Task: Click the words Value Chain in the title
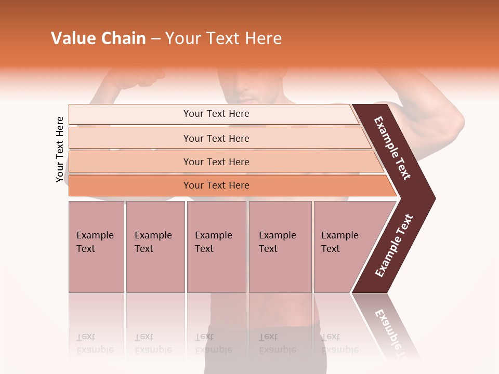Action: [x=98, y=38]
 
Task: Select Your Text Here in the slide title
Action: [x=224, y=38]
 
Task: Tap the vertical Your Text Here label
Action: [x=60, y=150]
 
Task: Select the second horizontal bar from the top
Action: [x=216, y=138]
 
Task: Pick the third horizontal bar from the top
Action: [x=216, y=162]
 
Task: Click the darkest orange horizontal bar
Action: [x=216, y=185]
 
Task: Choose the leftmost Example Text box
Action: [x=96, y=247]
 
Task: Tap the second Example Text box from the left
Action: [x=155, y=247]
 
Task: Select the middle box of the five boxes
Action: [x=216, y=247]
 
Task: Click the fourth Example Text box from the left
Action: [x=280, y=247]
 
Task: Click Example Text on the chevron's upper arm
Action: [x=392, y=148]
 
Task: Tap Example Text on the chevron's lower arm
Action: [x=394, y=246]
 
